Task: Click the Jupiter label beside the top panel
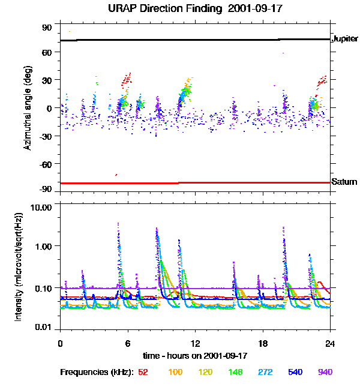[x=345, y=39]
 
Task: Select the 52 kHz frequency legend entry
[x=143, y=372]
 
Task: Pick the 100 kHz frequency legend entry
[x=175, y=372]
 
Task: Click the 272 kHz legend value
[x=266, y=372]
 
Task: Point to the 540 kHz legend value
[x=295, y=372]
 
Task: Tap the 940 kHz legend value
[x=325, y=372]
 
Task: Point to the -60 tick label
[x=46, y=163]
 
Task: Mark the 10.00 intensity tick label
[x=42, y=207]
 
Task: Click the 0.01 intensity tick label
[x=44, y=328]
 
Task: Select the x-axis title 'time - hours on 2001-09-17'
[x=195, y=356]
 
